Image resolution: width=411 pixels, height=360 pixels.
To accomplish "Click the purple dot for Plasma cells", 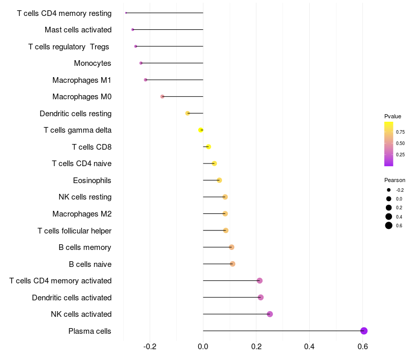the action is (364, 331).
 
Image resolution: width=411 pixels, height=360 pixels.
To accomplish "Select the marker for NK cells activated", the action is (270, 314).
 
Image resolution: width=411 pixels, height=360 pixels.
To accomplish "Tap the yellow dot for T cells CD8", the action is (209, 147).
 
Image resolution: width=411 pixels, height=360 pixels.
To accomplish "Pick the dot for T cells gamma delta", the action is (200, 130).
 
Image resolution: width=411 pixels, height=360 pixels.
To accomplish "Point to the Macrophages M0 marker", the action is (162, 97).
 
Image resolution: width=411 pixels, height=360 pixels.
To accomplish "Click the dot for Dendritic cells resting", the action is (188, 113).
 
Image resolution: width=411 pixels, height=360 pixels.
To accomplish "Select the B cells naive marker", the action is (233, 264).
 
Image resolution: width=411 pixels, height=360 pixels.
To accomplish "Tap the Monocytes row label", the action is (92, 63).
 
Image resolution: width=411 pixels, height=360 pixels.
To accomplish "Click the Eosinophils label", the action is (92, 181).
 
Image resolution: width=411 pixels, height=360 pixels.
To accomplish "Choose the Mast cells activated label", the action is (78, 30).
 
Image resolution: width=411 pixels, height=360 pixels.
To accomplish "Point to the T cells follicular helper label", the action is (74, 230).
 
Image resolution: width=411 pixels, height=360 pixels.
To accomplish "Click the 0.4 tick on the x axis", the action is (309, 347).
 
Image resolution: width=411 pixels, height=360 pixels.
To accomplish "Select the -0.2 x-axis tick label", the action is (150, 347).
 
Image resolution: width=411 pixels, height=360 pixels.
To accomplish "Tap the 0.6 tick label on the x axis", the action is (363, 347).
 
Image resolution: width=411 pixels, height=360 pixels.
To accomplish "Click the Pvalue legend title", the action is (393, 116).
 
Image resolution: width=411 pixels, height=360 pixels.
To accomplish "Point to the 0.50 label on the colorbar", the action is (400, 143).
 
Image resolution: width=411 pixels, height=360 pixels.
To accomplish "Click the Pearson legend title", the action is (395, 180).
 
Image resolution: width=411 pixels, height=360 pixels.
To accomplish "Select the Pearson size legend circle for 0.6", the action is (389, 225).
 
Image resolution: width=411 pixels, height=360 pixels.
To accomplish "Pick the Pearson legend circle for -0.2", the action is (389, 190).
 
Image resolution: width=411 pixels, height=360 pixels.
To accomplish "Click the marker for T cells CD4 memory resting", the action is (126, 13).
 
